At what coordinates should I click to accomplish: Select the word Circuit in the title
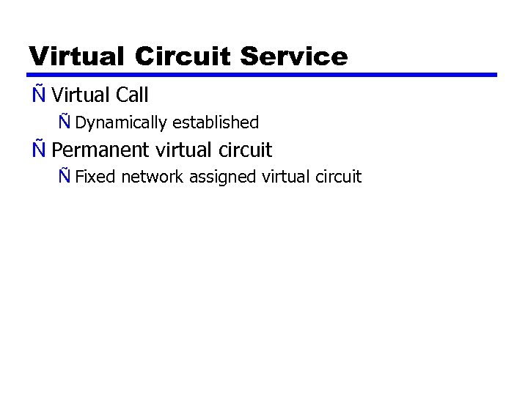tap(184, 56)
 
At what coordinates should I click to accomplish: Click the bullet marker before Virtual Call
tap(38, 95)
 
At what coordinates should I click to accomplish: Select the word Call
tap(132, 95)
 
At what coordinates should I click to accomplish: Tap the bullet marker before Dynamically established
tap(65, 122)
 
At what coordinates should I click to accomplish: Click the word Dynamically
tap(121, 122)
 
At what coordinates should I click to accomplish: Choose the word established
tap(216, 122)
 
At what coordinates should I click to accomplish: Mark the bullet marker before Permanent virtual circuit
tap(38, 150)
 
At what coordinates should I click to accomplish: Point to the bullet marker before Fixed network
tap(65, 177)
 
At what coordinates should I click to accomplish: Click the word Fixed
tap(95, 177)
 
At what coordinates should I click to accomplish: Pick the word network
tap(153, 177)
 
